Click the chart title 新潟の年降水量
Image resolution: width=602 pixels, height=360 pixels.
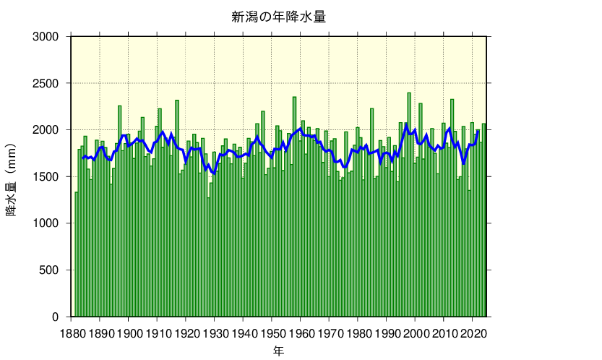coord(278,17)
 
